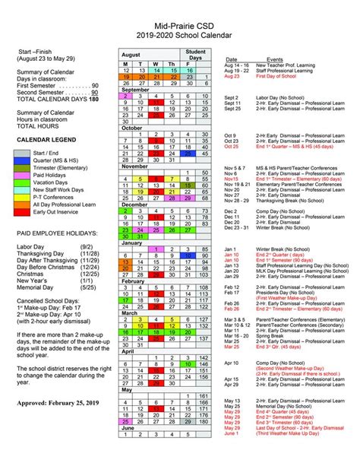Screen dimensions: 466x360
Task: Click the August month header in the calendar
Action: pos(131,55)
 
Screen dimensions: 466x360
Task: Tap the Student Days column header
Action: pos(195,55)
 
